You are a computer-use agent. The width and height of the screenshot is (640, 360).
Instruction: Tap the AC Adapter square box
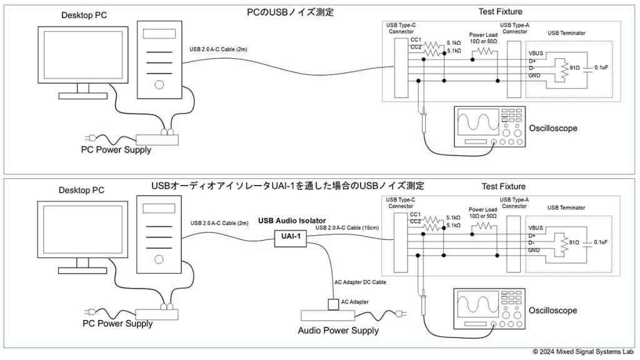click(334, 304)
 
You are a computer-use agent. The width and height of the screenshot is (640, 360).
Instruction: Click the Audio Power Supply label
click(337, 331)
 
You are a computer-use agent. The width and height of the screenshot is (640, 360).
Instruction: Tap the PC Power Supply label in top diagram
click(116, 149)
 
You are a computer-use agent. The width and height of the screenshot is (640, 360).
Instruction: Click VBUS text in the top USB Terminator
click(537, 54)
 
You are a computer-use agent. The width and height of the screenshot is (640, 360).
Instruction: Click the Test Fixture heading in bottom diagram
click(504, 186)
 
